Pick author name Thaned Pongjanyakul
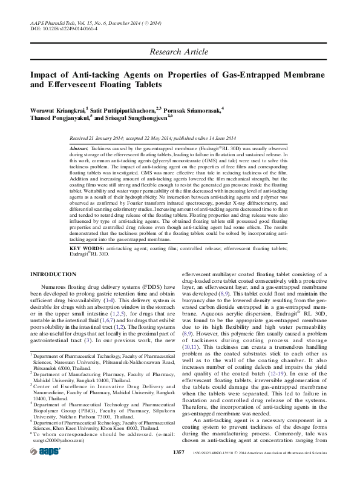pos(60,118)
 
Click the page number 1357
pos(178,469)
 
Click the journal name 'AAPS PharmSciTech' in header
pos(54,22)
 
